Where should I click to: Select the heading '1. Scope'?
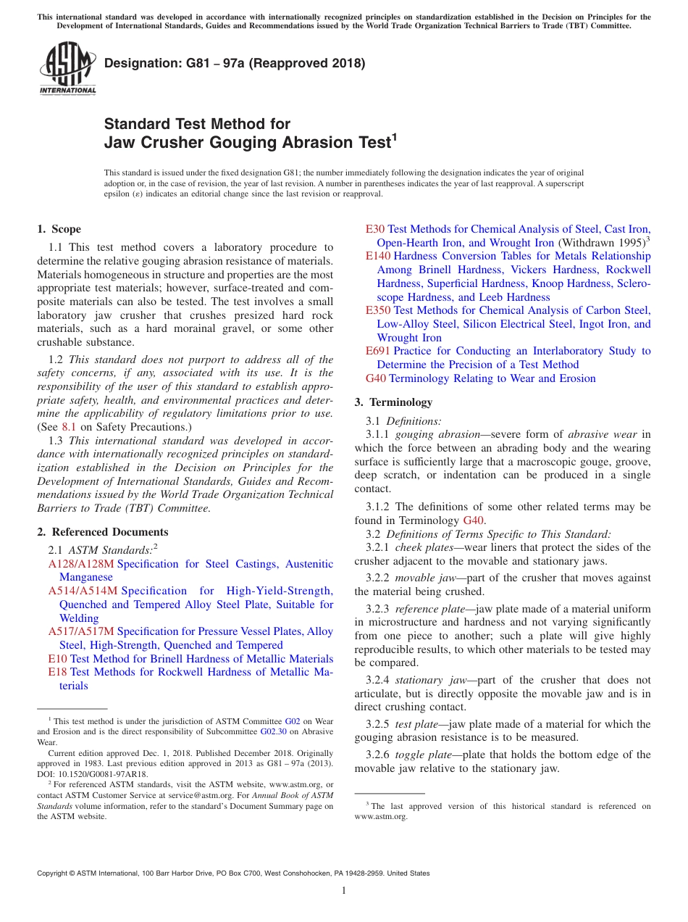point(59,229)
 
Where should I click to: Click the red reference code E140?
point(378,256)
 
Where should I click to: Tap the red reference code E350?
point(378,310)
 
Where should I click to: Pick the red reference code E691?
point(378,351)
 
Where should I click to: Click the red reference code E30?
point(375,229)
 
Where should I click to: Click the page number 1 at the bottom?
point(344,891)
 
